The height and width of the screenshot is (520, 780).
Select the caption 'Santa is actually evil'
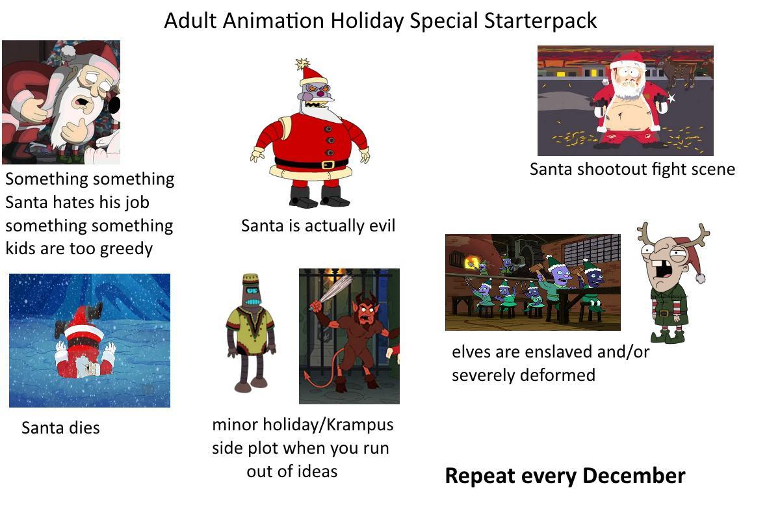318,226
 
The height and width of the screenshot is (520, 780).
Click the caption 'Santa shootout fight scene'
632,169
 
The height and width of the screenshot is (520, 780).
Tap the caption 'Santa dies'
60,428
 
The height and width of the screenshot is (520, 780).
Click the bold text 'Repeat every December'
564,476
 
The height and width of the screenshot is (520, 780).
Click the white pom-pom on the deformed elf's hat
701,278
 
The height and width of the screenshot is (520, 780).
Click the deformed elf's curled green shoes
666,335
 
